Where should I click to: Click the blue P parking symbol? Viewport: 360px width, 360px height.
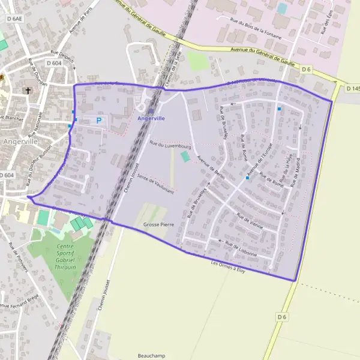pos(99,121)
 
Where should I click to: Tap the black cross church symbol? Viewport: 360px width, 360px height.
pos(28,91)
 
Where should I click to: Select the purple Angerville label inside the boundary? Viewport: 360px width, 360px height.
pos(151,119)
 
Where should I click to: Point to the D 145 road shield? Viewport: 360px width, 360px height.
pos(353,89)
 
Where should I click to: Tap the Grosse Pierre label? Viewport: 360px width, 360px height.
pos(158,224)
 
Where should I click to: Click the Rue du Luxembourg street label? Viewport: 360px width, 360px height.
pos(170,145)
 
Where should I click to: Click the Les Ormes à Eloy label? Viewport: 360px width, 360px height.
pos(228,266)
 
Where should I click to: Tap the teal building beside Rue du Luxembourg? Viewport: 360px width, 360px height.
pos(185,156)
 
